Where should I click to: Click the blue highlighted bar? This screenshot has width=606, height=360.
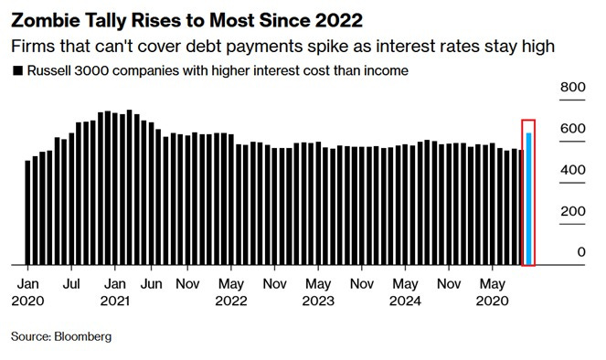click(x=528, y=198)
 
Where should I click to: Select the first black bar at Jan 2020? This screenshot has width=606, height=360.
click(x=27, y=212)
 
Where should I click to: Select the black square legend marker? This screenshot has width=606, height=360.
click(x=16, y=70)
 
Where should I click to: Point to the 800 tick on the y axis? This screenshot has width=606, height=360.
click(x=572, y=88)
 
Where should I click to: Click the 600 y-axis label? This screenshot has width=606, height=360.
click(x=572, y=129)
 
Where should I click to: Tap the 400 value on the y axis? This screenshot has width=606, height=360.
click(x=572, y=170)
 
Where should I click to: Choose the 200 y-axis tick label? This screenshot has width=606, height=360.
click(x=572, y=211)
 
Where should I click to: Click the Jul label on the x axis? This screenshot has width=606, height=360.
click(x=71, y=282)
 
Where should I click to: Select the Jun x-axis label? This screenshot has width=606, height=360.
click(x=151, y=282)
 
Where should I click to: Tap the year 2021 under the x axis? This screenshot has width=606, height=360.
click(x=114, y=299)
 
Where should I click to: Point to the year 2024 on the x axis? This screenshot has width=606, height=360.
click(x=404, y=299)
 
